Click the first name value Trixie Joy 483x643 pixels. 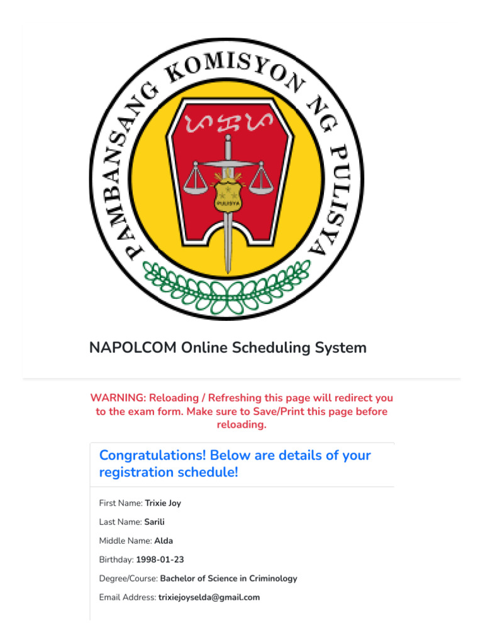coord(163,503)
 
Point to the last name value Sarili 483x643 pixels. coord(155,522)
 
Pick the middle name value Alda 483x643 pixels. coord(164,541)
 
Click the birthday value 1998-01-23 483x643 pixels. coord(160,559)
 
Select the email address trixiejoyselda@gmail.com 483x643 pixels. coord(209,597)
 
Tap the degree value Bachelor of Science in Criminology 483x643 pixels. coord(228,578)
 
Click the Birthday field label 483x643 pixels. coord(116,559)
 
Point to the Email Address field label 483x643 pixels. coord(127,597)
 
